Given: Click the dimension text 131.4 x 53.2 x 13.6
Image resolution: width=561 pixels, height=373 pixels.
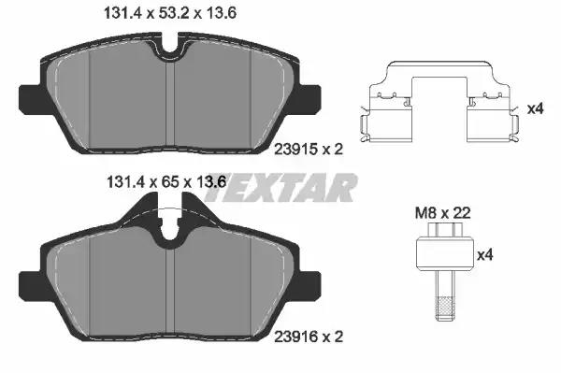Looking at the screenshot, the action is (169, 13).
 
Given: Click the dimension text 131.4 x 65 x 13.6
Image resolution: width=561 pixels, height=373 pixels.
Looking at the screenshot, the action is (166, 182).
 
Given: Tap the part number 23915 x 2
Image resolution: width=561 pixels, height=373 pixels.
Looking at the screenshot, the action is (309, 149).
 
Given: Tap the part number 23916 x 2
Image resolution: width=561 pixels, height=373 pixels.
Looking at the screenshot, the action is (309, 337).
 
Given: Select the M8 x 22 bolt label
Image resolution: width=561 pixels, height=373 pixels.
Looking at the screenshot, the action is (442, 213).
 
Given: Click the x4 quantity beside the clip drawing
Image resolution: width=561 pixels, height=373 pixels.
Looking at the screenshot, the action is (536, 108).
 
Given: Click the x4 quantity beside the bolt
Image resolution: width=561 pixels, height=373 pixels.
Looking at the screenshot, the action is (485, 255).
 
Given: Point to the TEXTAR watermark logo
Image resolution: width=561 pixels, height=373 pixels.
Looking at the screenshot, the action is (280, 187).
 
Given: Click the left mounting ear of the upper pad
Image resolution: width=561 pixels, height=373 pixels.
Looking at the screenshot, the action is (32, 99).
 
